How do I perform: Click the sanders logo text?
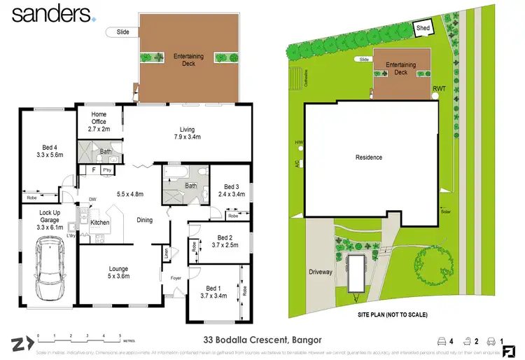pos(49,14)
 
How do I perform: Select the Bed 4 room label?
pos(48,151)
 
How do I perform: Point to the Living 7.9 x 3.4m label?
pos(187,133)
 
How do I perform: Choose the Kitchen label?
pos(100,223)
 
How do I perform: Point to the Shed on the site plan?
pos(423,29)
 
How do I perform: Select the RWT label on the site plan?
pos(439,88)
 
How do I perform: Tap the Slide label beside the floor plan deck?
pos(122,32)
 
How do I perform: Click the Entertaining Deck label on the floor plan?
pos(188,59)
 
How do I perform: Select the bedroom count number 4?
pos(451,342)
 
